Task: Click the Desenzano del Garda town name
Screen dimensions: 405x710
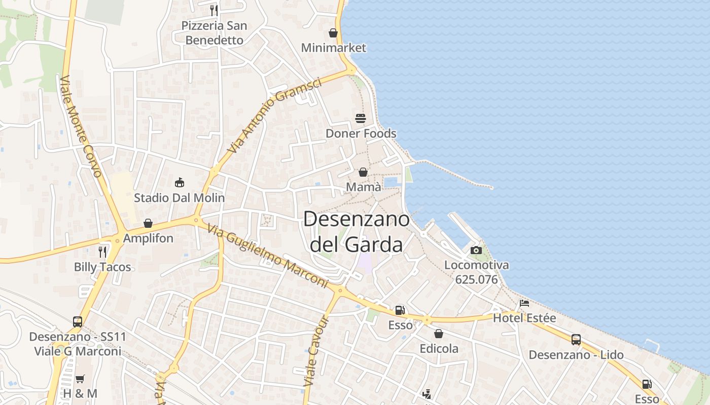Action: [356, 232]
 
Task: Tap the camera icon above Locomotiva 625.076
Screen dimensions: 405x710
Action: [476, 250]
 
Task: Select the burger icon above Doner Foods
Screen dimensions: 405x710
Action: [361, 118]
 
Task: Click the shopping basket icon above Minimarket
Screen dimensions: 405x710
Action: [333, 33]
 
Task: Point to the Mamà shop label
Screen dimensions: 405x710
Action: [364, 187]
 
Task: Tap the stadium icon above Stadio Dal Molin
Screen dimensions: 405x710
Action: [179, 182]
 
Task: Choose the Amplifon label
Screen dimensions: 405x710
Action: [148, 238]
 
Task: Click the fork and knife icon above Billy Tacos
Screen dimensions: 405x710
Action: [102, 252]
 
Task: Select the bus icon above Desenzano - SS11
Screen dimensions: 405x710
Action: [78, 321]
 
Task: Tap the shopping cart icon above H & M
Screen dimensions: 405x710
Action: [80, 379]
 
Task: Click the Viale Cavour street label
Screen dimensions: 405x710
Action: [317, 351]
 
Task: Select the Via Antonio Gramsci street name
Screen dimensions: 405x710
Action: [274, 115]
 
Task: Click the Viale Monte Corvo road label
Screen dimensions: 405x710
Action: [81, 127]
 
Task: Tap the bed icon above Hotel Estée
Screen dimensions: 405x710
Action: [524, 303]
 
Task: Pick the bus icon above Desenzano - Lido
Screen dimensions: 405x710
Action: [576, 340]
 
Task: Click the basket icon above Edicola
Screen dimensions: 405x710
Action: [439, 334]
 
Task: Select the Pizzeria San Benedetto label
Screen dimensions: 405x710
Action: [215, 32]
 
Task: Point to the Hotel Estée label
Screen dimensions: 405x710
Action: [524, 318]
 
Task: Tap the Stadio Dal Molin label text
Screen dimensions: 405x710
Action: [179, 197]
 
